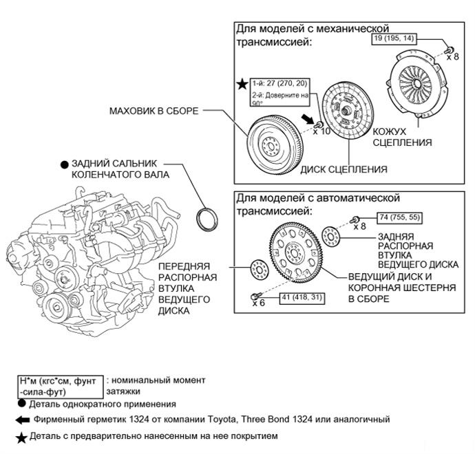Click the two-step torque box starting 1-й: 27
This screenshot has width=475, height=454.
(280, 92)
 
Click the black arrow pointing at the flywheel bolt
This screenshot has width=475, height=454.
(308, 118)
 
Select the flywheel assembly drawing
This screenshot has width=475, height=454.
(275, 144)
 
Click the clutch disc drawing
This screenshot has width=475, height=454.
(348, 111)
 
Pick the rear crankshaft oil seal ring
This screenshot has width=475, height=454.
(207, 219)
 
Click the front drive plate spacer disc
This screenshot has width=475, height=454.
(260, 270)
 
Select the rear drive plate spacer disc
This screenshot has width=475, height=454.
(331, 237)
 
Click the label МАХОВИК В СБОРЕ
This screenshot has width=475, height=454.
(154, 111)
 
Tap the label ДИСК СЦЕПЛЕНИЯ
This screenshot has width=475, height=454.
(344, 169)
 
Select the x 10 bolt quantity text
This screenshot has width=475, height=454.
(321, 131)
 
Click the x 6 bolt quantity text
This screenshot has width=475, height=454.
(258, 303)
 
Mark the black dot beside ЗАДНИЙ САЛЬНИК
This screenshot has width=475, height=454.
(65, 164)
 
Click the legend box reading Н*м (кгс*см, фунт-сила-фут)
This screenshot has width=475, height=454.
(61, 387)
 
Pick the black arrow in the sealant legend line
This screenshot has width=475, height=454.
(23, 420)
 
